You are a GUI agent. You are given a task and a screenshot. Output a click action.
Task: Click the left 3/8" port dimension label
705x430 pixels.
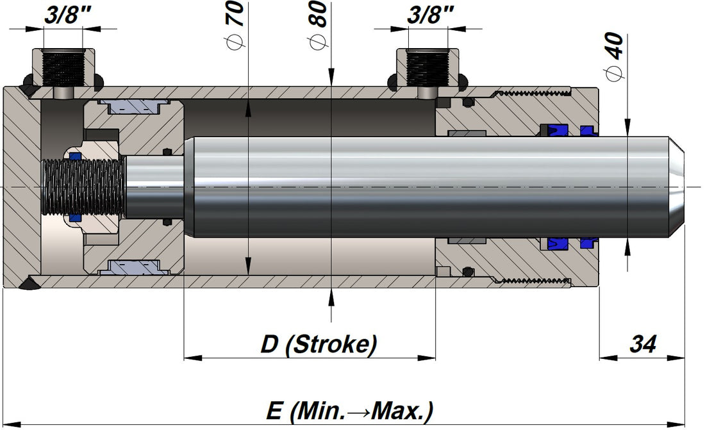click(64, 16)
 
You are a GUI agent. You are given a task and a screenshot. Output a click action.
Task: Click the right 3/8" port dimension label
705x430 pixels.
click(430, 16)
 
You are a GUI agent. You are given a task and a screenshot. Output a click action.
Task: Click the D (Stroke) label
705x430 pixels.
click(319, 344)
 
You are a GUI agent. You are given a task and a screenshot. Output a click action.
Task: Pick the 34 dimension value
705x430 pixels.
click(643, 344)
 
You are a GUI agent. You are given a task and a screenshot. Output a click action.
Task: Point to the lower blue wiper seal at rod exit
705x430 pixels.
click(588, 244)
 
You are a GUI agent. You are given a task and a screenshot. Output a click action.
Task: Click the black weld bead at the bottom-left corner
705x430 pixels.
click(29, 285)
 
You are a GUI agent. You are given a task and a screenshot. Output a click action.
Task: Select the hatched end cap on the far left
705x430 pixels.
click(15, 186)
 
